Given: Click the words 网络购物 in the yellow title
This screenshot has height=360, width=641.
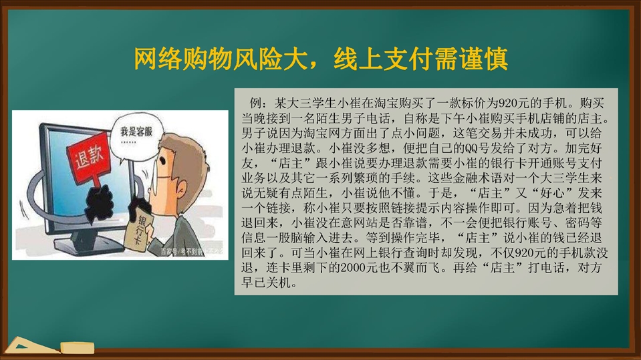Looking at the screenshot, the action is click(182, 59).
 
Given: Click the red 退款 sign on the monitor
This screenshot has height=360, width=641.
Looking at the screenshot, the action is click(88, 158).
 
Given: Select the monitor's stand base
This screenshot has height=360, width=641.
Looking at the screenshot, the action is click(88, 246).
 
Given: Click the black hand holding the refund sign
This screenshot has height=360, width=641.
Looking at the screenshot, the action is click(99, 203).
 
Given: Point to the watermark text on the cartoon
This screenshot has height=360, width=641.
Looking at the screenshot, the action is click(191, 252).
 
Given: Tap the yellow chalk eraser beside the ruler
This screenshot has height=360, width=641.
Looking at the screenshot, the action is click(78, 348).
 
